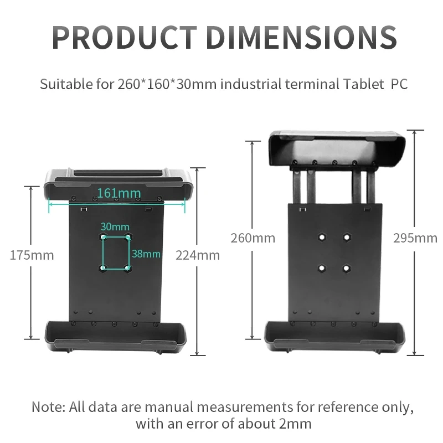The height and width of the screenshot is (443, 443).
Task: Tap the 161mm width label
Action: point(119,193)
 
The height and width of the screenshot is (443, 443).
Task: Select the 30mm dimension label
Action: point(115,226)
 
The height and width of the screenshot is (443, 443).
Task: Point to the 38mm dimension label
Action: point(146,254)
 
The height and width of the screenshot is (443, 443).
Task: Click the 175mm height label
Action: point(32,255)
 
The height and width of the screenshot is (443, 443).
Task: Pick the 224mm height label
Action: point(198,255)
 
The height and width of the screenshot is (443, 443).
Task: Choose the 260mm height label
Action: point(253,238)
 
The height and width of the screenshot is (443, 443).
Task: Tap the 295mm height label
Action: point(415,238)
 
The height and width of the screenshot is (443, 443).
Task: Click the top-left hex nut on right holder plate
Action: point(322,237)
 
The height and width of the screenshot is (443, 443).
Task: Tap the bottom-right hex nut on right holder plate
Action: point(347,268)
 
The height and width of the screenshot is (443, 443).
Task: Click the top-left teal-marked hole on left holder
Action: point(104,237)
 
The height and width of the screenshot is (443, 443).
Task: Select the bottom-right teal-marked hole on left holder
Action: point(128,268)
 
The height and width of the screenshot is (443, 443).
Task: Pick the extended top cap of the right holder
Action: point(336,147)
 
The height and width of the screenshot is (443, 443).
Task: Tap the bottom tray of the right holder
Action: point(336,336)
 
